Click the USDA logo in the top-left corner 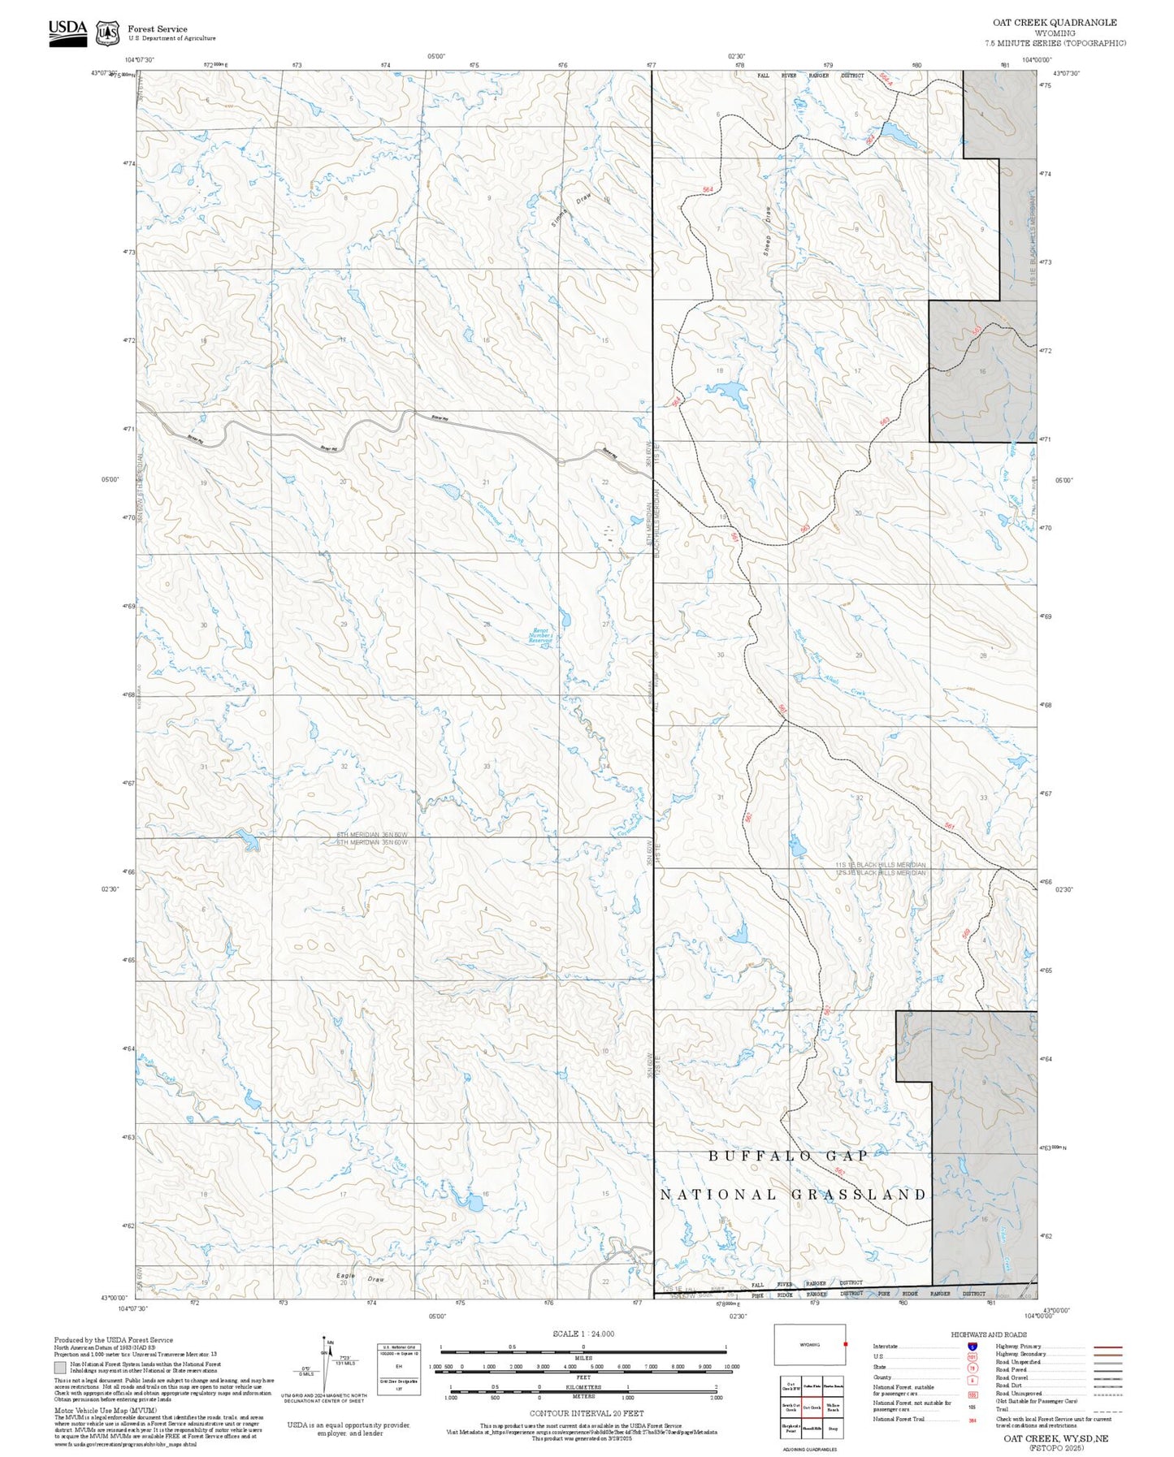coord(67,32)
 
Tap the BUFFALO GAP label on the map coord(788,1155)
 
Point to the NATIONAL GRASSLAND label coord(793,1194)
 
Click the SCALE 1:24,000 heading coord(583,1334)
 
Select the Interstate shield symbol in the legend coord(972,1346)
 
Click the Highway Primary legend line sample coord(1107,1347)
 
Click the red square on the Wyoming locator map coord(845,1343)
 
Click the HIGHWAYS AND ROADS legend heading coord(989,1334)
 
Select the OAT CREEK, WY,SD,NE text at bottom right coord(1055,1438)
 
